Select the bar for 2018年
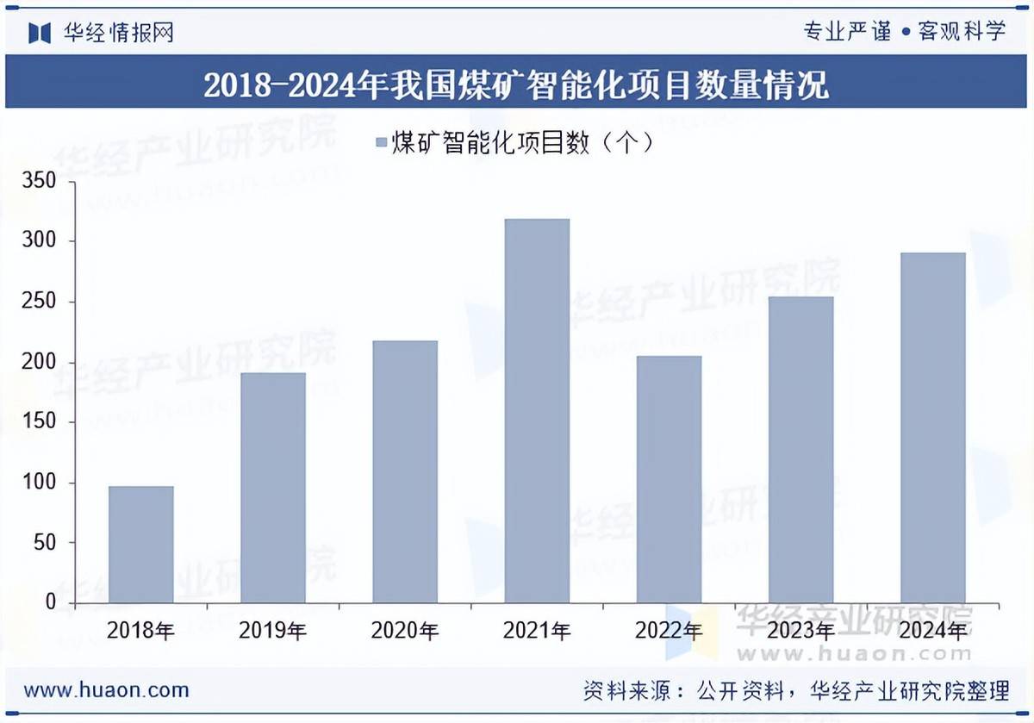[140, 544]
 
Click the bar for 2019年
[273, 487]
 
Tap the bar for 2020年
[405, 471]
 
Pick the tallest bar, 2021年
[537, 410]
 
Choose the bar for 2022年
[669, 479]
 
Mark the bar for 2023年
[800, 449]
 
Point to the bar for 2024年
[932, 427]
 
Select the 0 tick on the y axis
[51, 602]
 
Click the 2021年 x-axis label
[537, 631]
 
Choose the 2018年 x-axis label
[140, 631]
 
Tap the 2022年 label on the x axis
[669, 631]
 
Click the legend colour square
[381, 142]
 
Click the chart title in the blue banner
[516, 85]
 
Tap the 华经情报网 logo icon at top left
[40, 33]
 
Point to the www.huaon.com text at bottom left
[106, 690]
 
